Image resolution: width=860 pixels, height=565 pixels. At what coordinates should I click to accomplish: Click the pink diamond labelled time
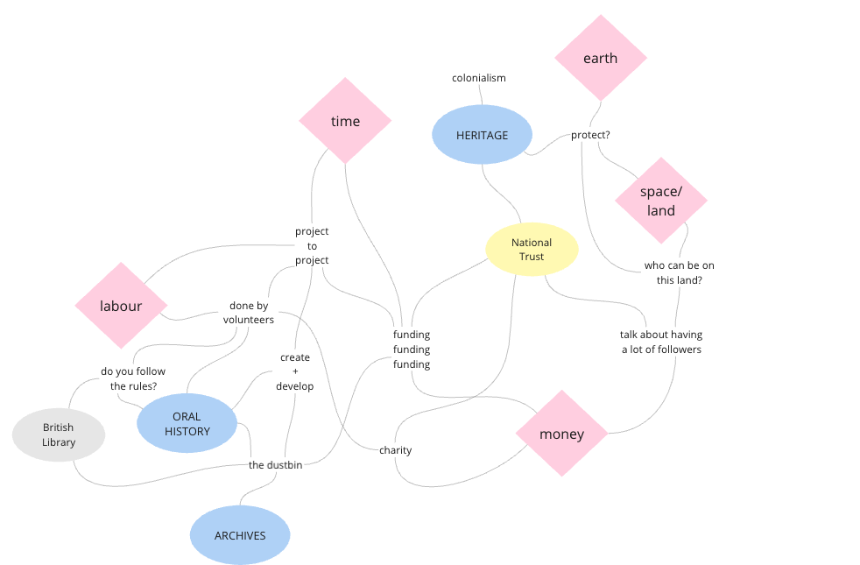coord(345,121)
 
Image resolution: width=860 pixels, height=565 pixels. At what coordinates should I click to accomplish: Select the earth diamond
coord(600,58)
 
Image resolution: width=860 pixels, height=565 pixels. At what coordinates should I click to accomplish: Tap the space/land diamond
coord(661,201)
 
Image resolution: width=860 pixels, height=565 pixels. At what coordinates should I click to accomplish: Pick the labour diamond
coord(121,306)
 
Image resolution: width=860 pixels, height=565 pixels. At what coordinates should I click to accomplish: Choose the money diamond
coord(561,434)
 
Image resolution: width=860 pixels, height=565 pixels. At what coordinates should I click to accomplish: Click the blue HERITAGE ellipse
coord(482,135)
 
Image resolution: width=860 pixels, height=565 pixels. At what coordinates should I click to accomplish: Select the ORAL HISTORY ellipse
coord(187,423)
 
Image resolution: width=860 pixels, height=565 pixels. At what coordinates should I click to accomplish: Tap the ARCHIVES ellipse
coord(240,535)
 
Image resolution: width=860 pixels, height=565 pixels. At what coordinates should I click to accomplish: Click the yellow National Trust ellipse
coord(532,250)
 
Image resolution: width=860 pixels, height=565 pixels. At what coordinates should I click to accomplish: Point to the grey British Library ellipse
coord(59,434)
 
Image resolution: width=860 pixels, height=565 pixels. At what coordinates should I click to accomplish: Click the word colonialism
coord(479,78)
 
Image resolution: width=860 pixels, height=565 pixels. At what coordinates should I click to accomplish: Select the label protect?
coord(590,135)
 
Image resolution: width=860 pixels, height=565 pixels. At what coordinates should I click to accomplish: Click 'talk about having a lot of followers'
coord(661,342)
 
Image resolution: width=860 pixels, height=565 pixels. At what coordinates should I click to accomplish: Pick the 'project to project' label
coord(312,245)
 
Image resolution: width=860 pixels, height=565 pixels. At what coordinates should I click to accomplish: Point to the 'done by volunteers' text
coord(251,313)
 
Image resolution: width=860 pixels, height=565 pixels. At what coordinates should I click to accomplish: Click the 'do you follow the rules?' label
coord(133,378)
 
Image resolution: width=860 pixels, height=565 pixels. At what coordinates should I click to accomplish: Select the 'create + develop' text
coord(295,371)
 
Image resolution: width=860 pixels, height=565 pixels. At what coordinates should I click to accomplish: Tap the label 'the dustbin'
coord(275,465)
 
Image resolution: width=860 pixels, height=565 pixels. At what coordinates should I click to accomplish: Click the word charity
coord(395,450)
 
